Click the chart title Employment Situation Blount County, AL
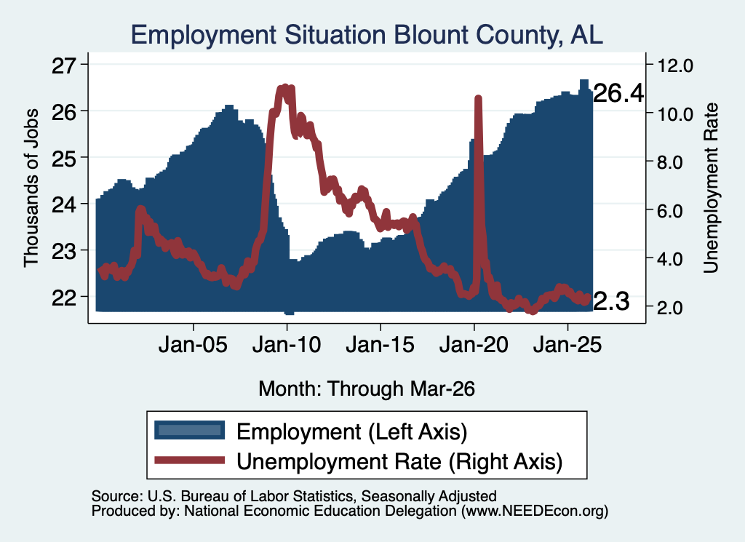(x=367, y=35)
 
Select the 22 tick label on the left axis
(x=64, y=298)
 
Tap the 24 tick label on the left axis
(x=64, y=205)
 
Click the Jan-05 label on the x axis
(x=193, y=345)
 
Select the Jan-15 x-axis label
(x=380, y=345)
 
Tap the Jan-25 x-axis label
(x=567, y=345)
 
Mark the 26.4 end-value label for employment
(x=618, y=93)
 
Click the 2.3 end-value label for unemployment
(x=611, y=301)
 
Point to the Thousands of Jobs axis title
(x=31, y=188)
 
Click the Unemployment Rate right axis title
(x=711, y=188)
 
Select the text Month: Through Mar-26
(x=367, y=388)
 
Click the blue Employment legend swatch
(x=190, y=431)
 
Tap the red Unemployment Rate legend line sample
(x=190, y=460)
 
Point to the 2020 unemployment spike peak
(x=479, y=98)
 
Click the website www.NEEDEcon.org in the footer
(x=535, y=511)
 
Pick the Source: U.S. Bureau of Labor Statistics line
(x=294, y=496)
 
